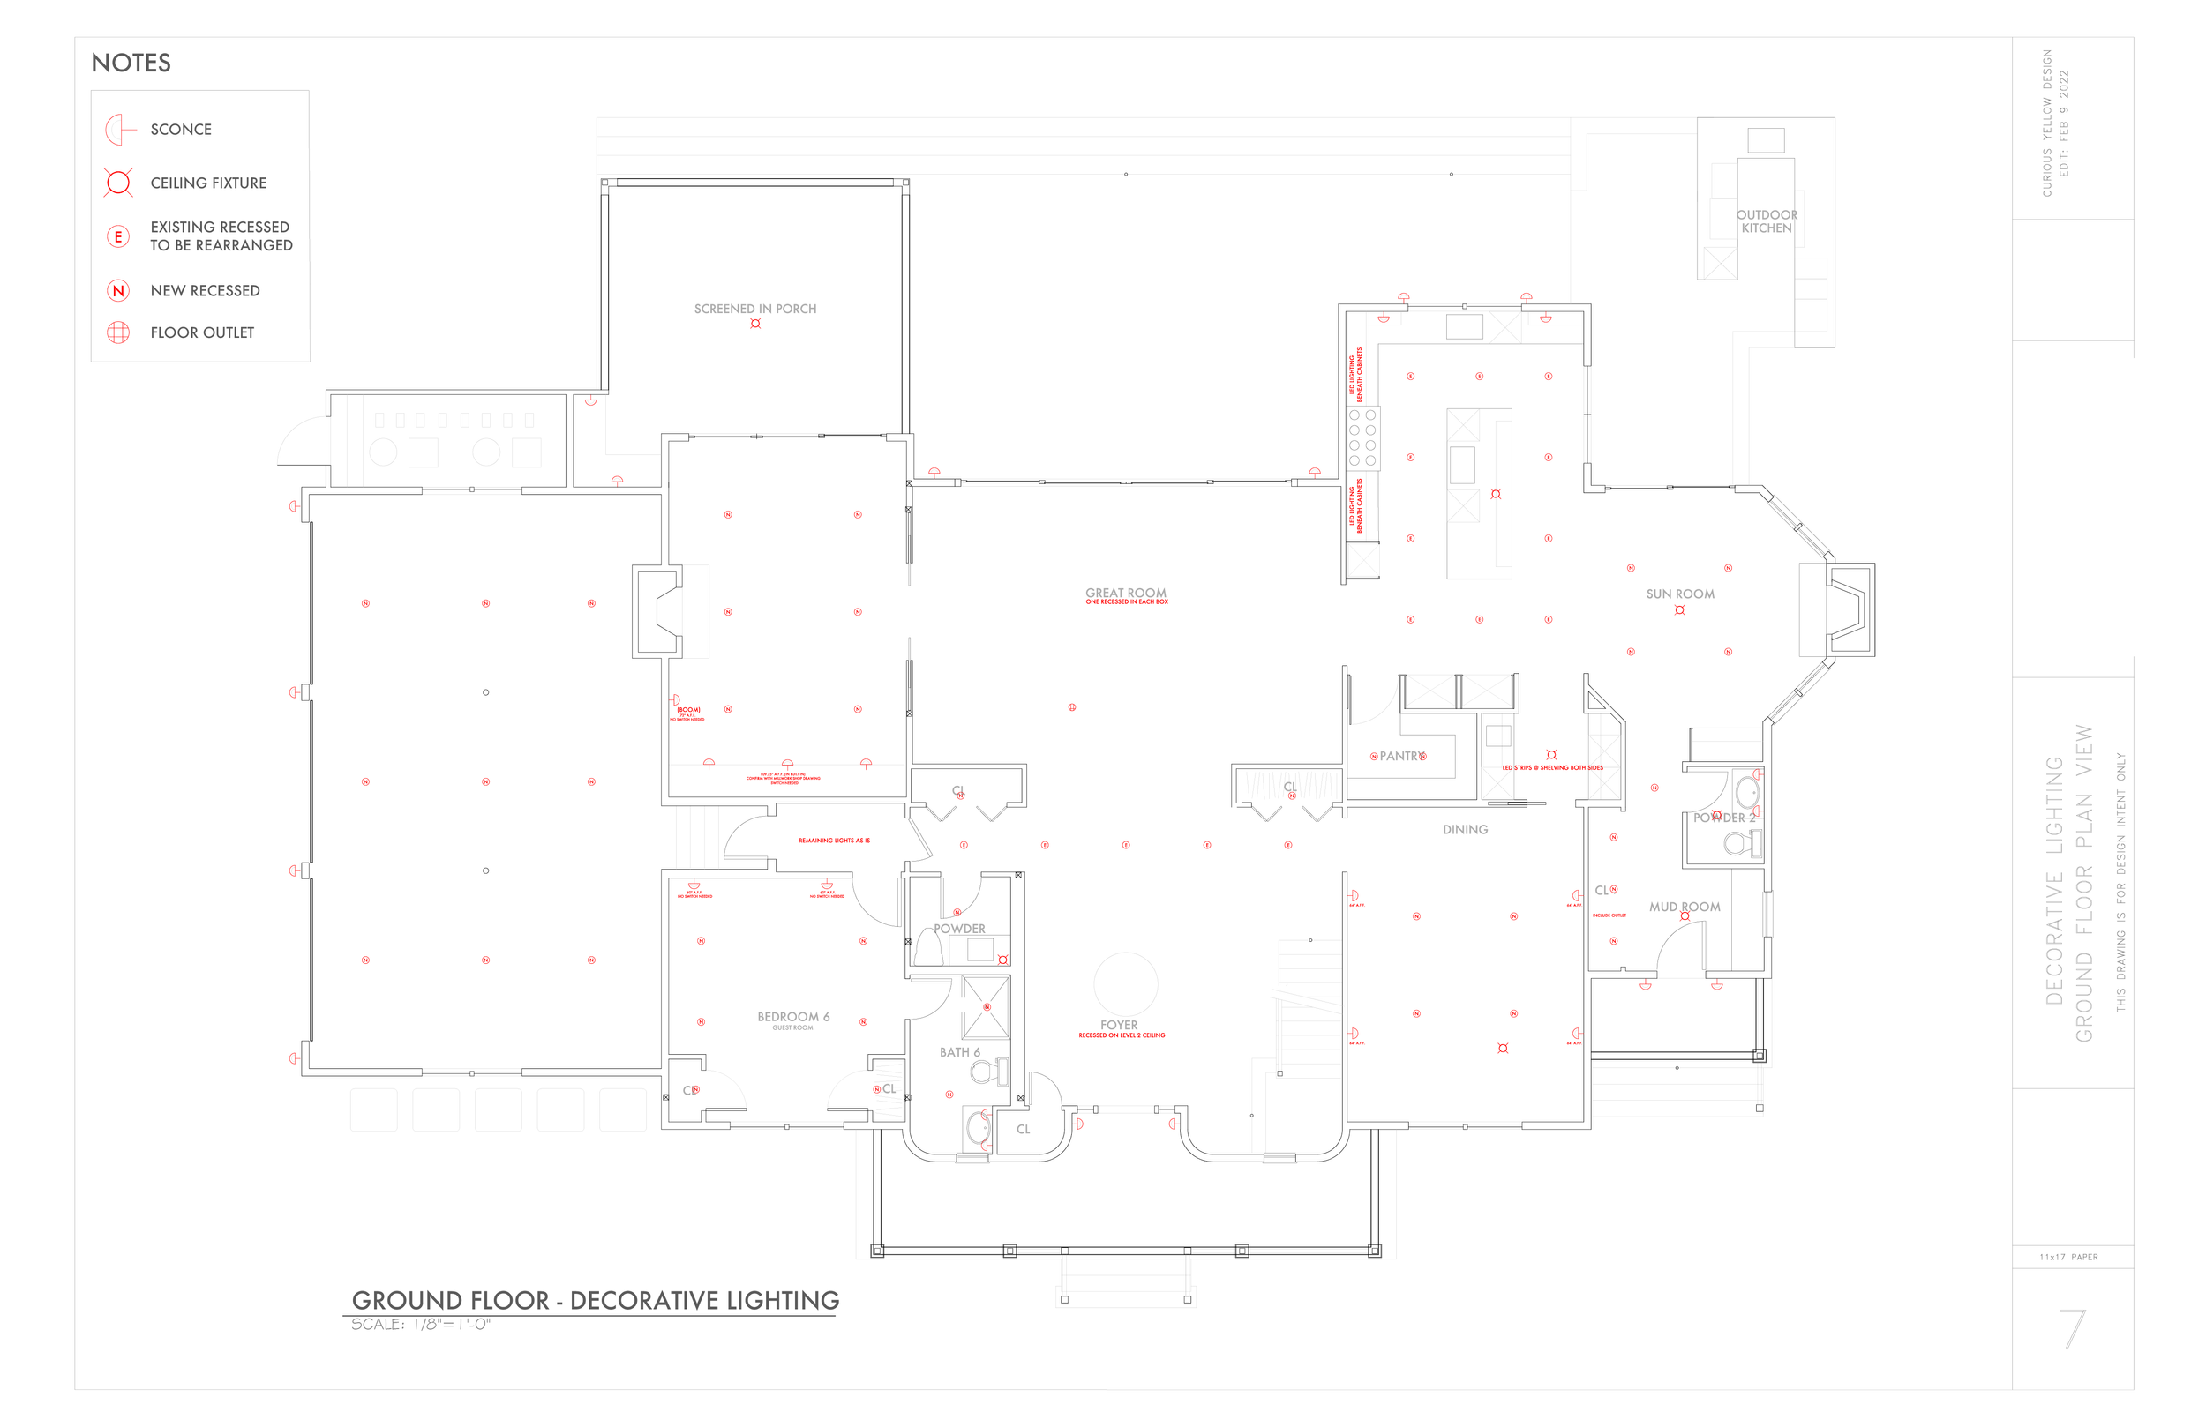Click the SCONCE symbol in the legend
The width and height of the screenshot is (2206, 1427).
tap(118, 130)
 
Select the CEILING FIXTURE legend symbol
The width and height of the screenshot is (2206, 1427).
tap(118, 183)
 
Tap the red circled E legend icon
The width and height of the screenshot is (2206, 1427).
tap(117, 236)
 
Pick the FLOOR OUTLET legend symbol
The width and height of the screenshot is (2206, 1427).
tap(117, 332)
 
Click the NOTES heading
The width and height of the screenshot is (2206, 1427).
tap(131, 63)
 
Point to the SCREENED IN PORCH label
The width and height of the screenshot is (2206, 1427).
tap(754, 309)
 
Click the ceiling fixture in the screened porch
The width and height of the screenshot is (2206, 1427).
tap(755, 324)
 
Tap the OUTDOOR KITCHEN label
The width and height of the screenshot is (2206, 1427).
tap(1766, 221)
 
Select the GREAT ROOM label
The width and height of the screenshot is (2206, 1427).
tap(1125, 593)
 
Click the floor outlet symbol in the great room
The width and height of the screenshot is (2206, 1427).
tap(1071, 707)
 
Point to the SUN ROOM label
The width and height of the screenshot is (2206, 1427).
tap(1679, 594)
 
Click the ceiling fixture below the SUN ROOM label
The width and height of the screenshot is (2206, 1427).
tap(1679, 609)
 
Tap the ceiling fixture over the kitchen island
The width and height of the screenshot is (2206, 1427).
tap(1495, 494)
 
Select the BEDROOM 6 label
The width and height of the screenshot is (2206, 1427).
tap(792, 1017)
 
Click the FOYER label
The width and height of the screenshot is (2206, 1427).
tap(1119, 1025)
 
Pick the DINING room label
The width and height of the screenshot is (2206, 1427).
tap(1465, 829)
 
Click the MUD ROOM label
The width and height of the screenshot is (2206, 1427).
tap(1685, 907)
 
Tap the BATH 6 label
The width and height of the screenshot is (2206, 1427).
tap(959, 1051)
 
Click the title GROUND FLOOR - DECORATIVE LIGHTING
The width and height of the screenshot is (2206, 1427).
tap(595, 1300)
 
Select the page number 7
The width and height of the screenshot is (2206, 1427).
tap(2073, 1329)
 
